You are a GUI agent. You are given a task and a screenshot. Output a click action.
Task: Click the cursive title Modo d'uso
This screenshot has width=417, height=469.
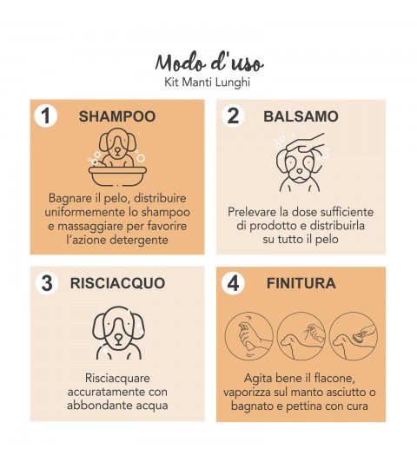[x=209, y=63]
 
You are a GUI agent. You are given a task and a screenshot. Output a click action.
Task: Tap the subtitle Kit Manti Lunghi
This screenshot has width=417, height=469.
[x=208, y=83]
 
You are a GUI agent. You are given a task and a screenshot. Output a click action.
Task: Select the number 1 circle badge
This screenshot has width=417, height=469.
[x=45, y=116]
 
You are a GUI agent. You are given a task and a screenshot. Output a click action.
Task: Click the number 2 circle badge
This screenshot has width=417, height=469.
[x=233, y=116]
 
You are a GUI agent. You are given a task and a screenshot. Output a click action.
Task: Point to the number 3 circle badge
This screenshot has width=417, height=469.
[x=47, y=283]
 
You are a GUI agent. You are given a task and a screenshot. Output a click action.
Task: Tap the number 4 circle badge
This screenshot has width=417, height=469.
[x=233, y=283]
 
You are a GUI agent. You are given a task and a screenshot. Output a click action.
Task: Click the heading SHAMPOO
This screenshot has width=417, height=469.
[x=117, y=116]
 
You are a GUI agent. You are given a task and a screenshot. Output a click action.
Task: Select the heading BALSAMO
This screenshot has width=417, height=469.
[x=301, y=116]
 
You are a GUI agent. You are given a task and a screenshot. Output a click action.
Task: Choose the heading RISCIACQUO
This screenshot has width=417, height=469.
[x=117, y=283]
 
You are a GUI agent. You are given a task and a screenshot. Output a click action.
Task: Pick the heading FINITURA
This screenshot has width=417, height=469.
[x=301, y=283]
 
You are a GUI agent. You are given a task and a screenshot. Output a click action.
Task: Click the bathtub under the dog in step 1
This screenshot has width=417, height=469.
[x=117, y=175]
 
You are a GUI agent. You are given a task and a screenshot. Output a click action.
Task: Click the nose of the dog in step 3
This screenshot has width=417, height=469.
[x=119, y=339]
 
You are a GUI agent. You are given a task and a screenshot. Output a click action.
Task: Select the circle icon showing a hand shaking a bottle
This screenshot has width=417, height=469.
[x=248, y=336]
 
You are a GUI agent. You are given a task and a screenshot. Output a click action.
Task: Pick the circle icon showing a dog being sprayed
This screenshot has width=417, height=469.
[x=301, y=336]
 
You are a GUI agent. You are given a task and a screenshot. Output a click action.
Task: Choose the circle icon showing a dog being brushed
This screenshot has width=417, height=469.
[x=354, y=336]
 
